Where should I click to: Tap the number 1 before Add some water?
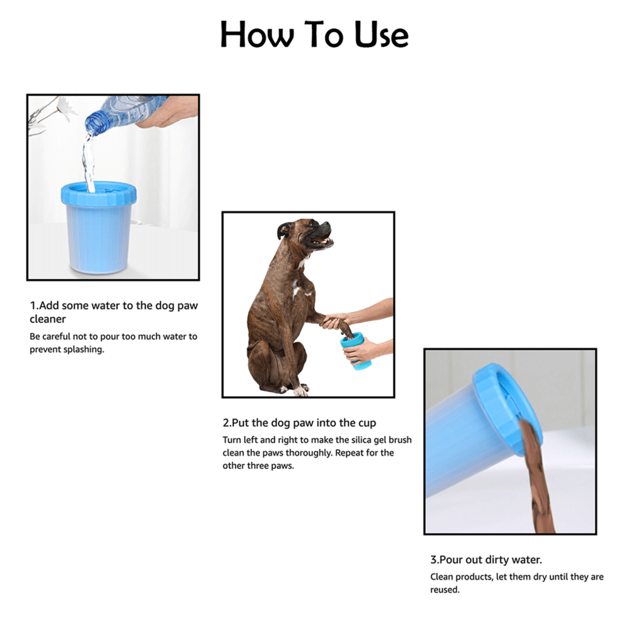tap(32, 305)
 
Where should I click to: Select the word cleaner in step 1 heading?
tap(48, 319)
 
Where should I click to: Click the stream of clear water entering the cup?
tap(88, 161)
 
